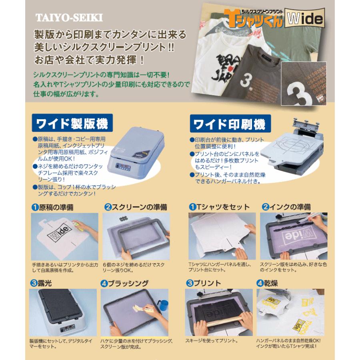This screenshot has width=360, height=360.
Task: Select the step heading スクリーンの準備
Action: click(x=136, y=207)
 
